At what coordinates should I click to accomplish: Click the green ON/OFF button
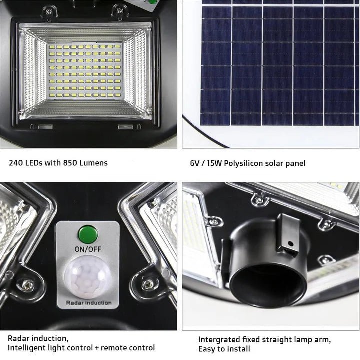click(88, 234)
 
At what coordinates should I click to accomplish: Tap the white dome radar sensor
click(88, 277)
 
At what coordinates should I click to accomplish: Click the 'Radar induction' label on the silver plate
click(89, 303)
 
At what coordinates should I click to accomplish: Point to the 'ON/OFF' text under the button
click(88, 249)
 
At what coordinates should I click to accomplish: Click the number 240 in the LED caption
click(16, 163)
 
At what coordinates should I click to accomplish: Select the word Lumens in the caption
click(93, 163)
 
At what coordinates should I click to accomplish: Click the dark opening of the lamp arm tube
click(268, 285)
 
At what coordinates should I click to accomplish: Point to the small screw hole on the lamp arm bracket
click(290, 243)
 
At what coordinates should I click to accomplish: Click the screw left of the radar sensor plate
click(28, 285)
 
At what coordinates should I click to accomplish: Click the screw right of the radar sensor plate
click(147, 284)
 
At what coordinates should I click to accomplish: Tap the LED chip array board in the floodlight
click(85, 71)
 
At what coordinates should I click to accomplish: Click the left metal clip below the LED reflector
click(45, 127)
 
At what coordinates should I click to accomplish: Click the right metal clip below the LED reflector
click(125, 127)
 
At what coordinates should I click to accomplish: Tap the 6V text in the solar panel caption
click(195, 163)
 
